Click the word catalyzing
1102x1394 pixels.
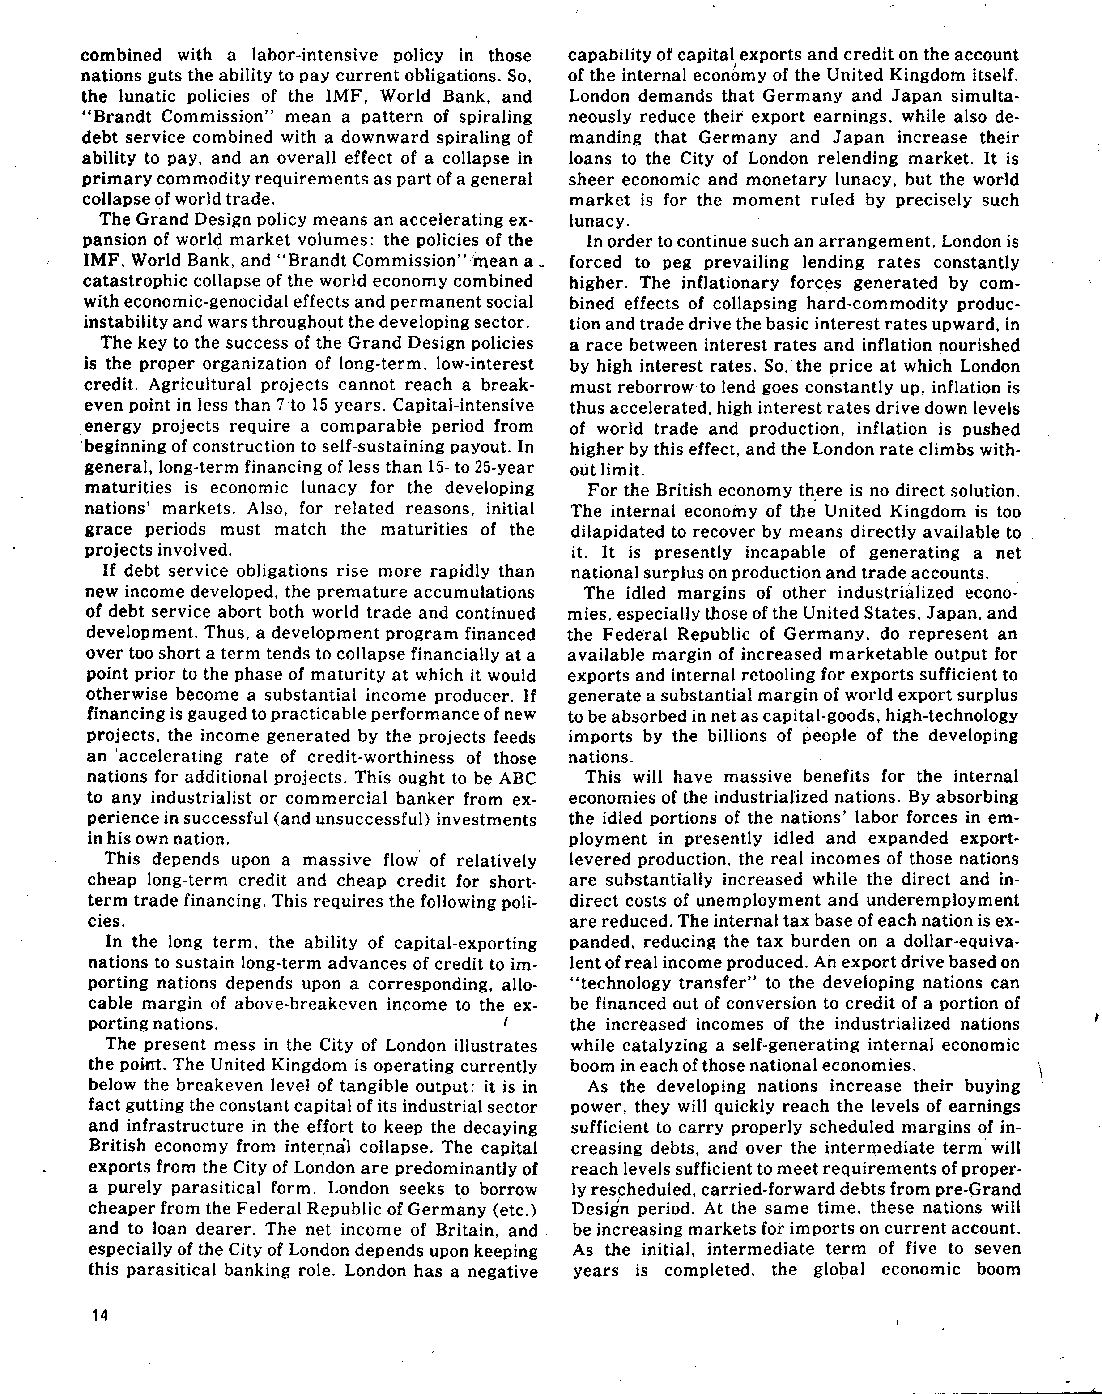642,1044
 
